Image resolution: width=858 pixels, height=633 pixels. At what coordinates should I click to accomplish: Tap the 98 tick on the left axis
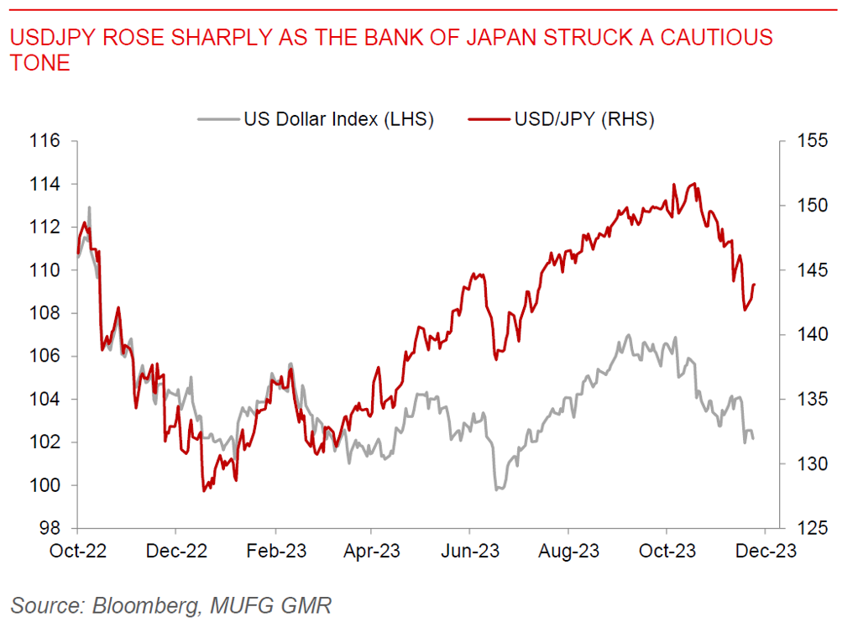point(55,529)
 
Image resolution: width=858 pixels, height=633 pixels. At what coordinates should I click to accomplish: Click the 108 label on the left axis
point(50,313)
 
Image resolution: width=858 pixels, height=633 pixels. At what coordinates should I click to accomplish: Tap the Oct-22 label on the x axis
point(77,552)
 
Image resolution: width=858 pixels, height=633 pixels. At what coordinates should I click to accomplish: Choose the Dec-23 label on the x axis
point(766,552)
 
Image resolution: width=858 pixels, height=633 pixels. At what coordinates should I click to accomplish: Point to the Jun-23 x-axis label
point(470,552)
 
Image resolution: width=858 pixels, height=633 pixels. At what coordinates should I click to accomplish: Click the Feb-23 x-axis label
point(274,552)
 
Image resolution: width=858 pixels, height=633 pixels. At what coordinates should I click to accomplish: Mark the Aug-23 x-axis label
point(569,552)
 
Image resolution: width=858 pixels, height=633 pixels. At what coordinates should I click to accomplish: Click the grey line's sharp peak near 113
point(89,207)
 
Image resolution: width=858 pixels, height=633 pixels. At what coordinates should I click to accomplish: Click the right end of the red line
point(755,285)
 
